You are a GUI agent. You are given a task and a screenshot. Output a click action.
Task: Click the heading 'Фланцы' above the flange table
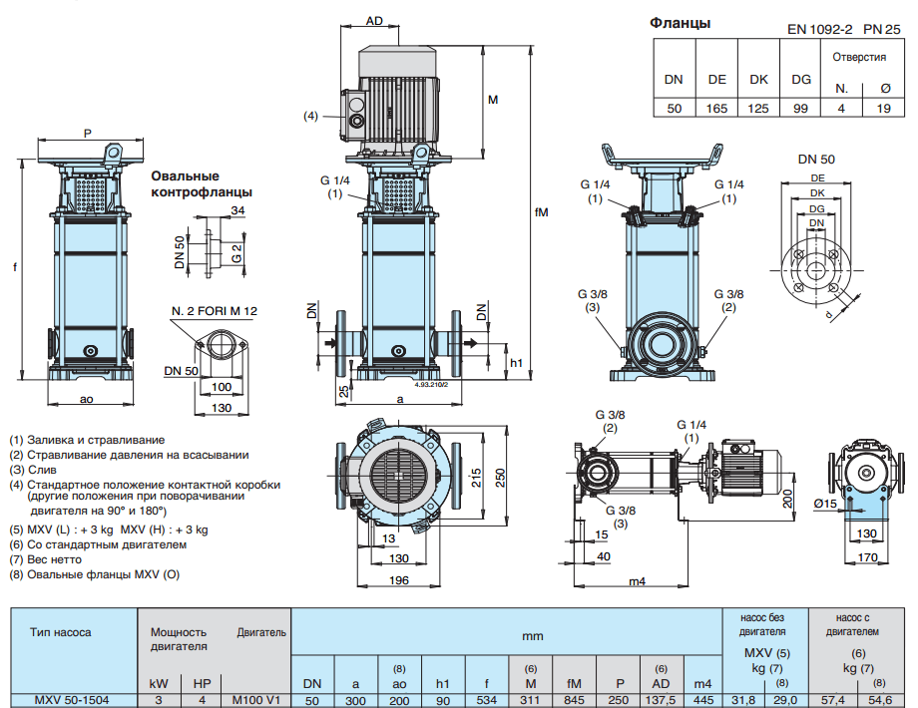pyautogui.click(x=681, y=23)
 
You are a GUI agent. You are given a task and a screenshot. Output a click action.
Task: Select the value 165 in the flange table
pyautogui.click(x=716, y=109)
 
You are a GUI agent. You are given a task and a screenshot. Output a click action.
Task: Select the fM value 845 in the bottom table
pyautogui.click(x=573, y=699)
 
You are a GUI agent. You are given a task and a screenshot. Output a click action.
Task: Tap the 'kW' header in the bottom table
pyautogui.click(x=159, y=683)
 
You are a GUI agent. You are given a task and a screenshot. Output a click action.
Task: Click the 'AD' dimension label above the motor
pyautogui.click(x=375, y=20)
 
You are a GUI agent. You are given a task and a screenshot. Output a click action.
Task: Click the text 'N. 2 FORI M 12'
pyautogui.click(x=214, y=311)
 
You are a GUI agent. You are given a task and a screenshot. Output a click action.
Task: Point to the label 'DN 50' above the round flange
pyautogui.click(x=816, y=159)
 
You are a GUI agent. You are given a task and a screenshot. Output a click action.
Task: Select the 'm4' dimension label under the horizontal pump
pyautogui.click(x=636, y=581)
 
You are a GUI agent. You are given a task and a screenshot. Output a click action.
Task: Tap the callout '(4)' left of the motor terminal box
pyautogui.click(x=311, y=117)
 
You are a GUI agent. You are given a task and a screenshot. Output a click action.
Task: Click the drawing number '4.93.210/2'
pyautogui.click(x=431, y=382)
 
